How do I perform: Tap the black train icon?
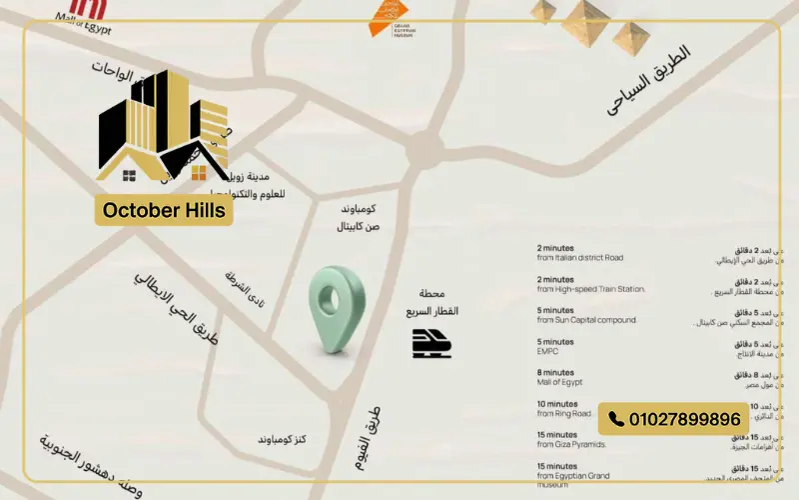coord(431,343)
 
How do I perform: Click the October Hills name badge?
coord(165,211)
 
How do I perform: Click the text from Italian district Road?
coord(579,258)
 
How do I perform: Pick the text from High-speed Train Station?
coord(590,289)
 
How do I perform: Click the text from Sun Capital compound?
coord(585,320)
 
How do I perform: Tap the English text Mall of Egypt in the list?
coord(559,382)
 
